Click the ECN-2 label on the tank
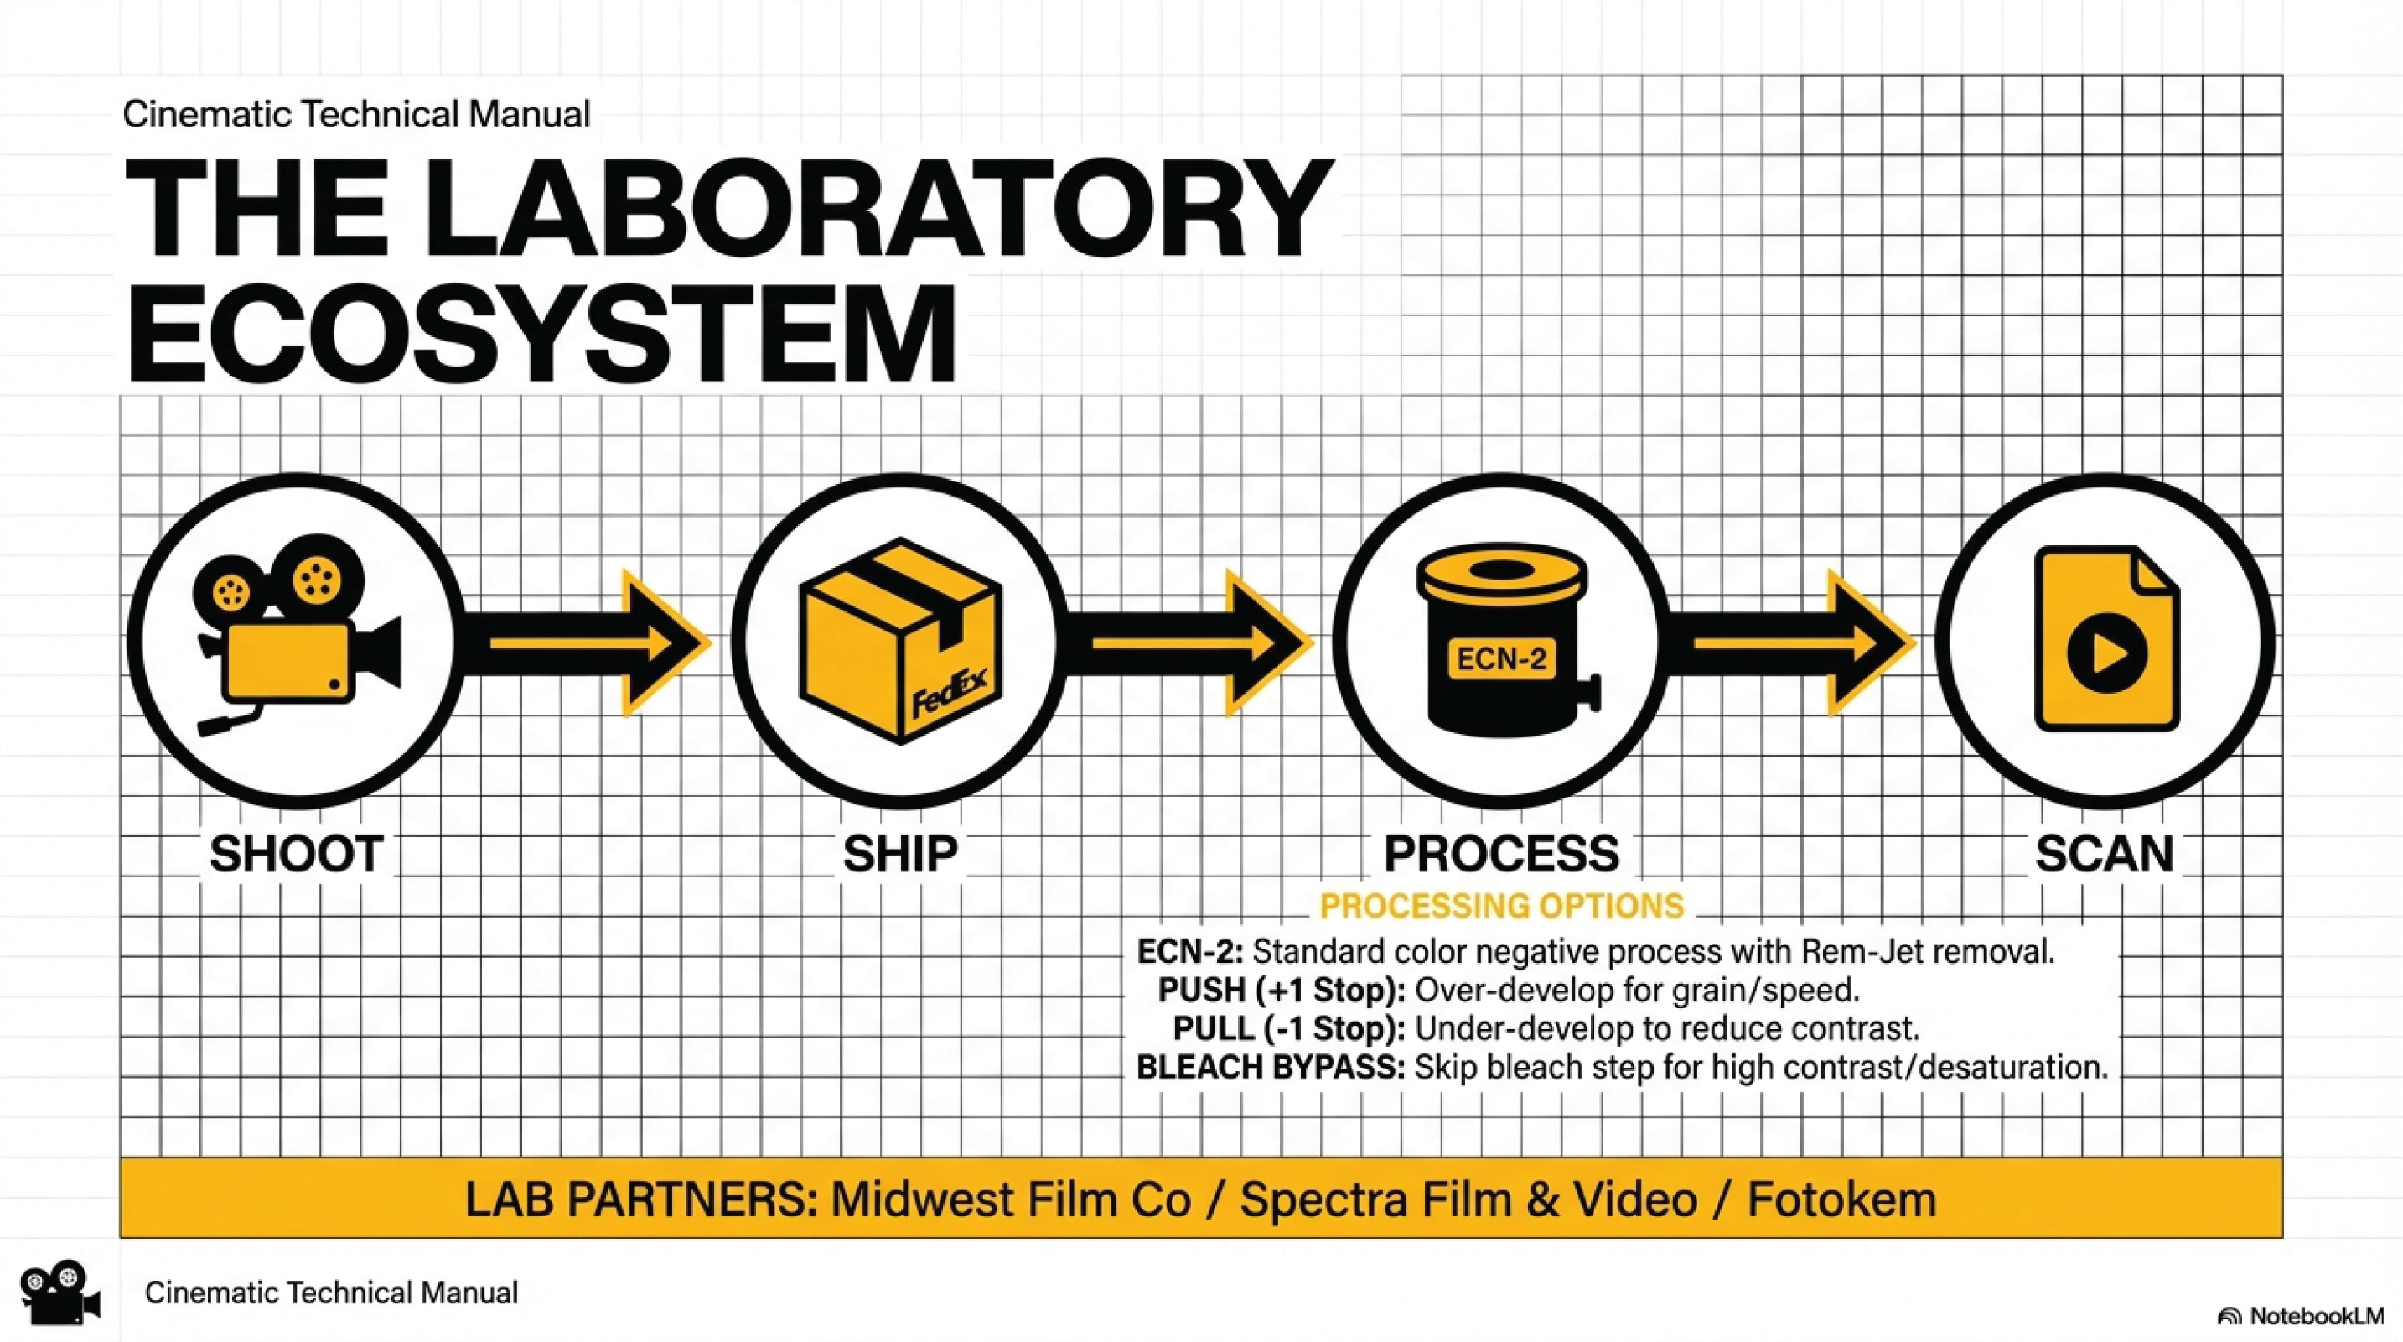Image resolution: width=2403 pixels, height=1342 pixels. click(x=1501, y=659)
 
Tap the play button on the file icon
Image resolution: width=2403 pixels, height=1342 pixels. click(x=2106, y=653)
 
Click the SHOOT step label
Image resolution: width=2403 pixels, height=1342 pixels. click(x=296, y=853)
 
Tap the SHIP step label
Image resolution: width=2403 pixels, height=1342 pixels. click(x=900, y=853)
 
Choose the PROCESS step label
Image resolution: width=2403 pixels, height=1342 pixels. click(x=1501, y=853)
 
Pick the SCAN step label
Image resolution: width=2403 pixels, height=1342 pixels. click(x=2105, y=853)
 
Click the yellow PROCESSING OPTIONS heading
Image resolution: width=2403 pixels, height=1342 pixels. click(x=1502, y=905)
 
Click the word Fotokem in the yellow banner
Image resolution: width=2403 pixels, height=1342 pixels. click(x=1841, y=1199)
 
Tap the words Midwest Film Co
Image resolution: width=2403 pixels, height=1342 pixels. click(x=1011, y=1199)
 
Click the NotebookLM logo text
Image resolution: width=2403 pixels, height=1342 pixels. click(x=2315, y=1316)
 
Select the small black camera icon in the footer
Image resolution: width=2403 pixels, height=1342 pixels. click(x=60, y=1292)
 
